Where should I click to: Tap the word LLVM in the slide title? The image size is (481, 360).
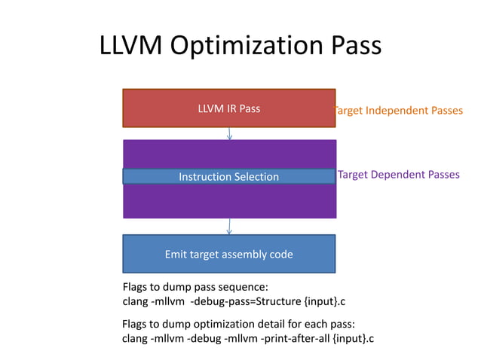(x=130, y=47)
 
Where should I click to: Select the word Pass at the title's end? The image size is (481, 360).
(x=351, y=47)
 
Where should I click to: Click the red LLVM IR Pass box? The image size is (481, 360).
(x=228, y=108)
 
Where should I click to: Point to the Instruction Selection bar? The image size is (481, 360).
(x=228, y=177)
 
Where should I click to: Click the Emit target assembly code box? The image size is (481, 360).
(x=228, y=254)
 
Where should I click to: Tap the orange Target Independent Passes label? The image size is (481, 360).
(x=398, y=111)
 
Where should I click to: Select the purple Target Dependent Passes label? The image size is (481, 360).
(x=398, y=175)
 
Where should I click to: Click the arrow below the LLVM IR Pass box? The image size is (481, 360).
(x=229, y=134)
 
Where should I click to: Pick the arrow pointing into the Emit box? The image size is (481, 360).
(x=229, y=227)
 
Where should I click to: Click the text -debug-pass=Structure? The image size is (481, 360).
(x=247, y=302)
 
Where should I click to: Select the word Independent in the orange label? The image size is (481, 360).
(x=394, y=111)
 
